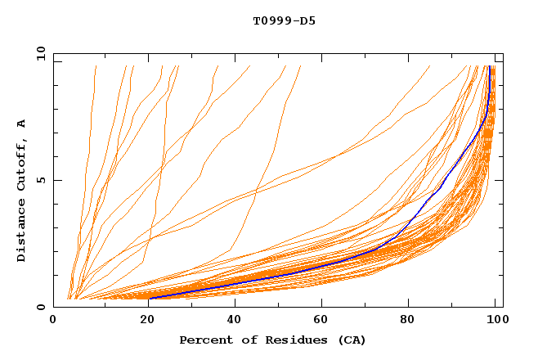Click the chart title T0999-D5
click(284, 21)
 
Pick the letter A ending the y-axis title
click(22, 124)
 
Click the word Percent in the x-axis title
click(204, 340)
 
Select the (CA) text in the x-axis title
click(347, 340)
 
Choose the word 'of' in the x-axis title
click(244, 340)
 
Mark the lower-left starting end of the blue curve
click(150, 299)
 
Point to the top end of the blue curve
click(489, 67)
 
